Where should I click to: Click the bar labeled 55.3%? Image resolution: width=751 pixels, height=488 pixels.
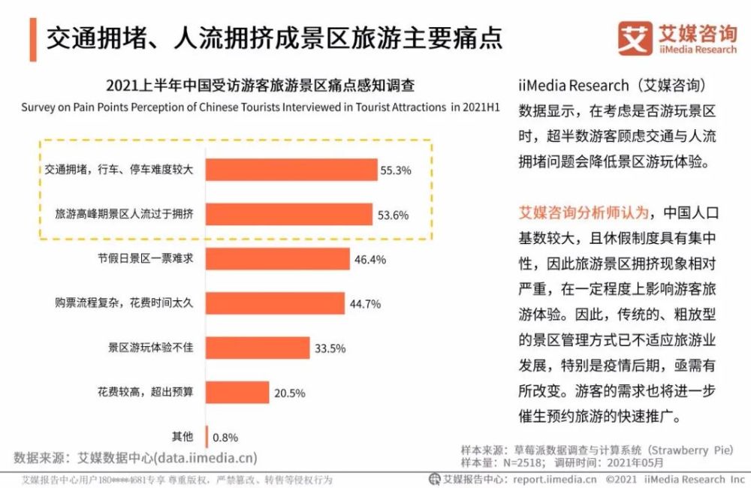291,170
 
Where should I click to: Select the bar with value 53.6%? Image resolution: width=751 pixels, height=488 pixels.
288,215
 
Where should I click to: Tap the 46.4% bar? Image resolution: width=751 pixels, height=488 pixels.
277,259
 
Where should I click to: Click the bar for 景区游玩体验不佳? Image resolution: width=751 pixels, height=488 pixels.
256,348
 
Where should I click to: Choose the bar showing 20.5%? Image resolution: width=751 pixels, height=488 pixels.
236,392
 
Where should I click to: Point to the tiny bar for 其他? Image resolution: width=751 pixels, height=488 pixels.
205,436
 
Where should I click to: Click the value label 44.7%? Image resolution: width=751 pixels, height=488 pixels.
365,304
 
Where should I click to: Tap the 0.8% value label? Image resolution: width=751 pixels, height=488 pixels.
226,437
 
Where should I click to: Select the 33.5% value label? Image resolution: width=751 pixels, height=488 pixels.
329,348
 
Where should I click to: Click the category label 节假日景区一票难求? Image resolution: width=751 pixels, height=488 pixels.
146,259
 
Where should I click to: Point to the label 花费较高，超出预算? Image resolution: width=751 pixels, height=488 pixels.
146,393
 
